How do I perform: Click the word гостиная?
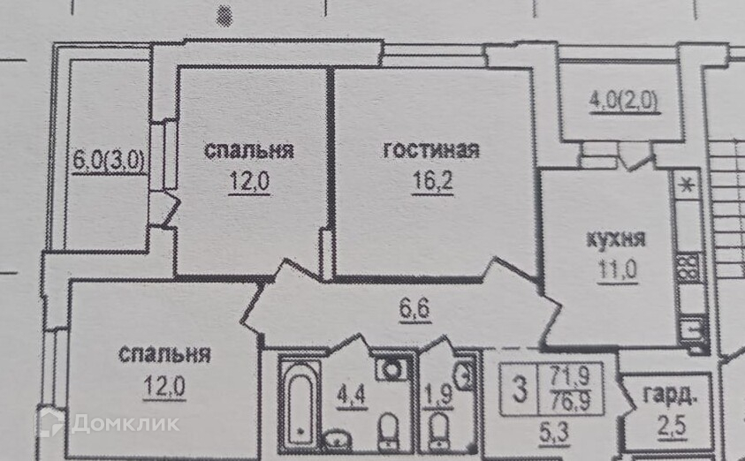click(x=430, y=151)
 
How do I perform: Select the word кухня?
click(x=616, y=238)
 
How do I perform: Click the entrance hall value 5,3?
click(x=545, y=432)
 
